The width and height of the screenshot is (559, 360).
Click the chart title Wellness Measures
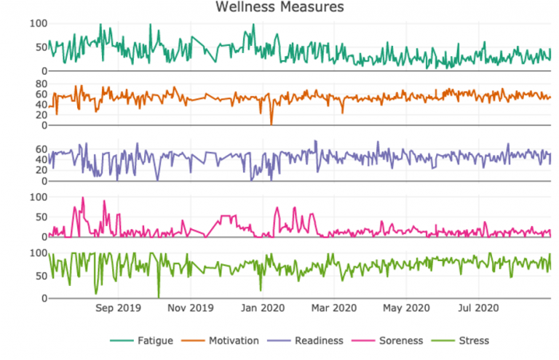(x=279, y=7)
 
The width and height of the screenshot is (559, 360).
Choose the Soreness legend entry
(x=390, y=340)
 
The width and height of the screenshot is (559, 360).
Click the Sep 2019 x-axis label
(x=119, y=308)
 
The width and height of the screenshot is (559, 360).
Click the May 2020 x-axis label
(x=405, y=308)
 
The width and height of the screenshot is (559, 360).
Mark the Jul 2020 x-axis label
(x=477, y=308)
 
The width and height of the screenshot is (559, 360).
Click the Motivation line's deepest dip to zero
(x=271, y=124)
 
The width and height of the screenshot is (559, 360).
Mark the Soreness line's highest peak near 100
(x=82, y=198)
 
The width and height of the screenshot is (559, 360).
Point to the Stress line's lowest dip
(x=158, y=297)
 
